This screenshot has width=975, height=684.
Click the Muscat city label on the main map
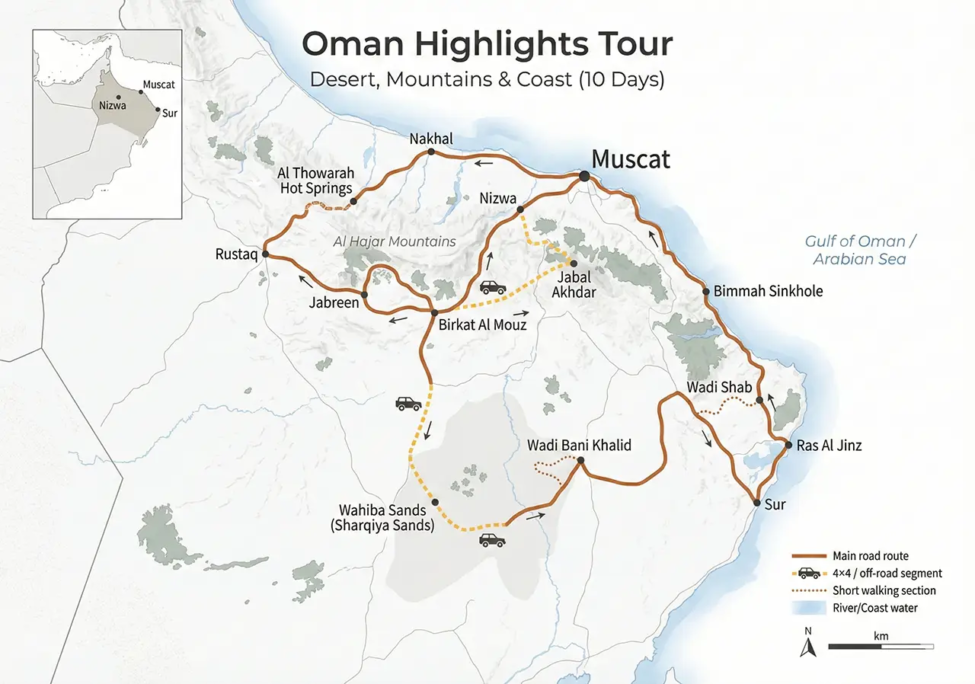point(630,160)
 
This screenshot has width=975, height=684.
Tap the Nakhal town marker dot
point(431,152)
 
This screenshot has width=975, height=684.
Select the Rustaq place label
point(236,254)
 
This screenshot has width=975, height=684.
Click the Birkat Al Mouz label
point(482,324)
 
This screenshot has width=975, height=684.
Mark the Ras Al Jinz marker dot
point(788,445)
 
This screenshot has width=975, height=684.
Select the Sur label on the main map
point(775,505)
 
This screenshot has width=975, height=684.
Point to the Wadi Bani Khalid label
point(579,445)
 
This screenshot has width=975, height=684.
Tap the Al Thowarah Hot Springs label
point(315,181)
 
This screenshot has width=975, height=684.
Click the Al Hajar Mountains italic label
point(394,241)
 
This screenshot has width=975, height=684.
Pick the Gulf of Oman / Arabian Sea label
point(859,250)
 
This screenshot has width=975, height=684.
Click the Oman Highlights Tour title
point(487,44)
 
